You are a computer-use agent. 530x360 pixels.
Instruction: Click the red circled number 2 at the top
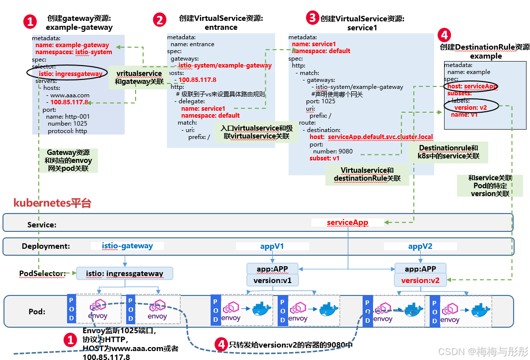(159, 20)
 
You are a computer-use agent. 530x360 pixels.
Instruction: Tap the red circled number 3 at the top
(312, 18)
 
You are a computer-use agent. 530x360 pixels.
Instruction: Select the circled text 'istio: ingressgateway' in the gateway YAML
(71, 74)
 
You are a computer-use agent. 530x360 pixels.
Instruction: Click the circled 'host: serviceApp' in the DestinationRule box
(472, 86)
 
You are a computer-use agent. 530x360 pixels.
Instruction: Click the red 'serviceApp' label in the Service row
(348, 222)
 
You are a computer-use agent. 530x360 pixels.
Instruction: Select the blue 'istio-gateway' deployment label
(127, 246)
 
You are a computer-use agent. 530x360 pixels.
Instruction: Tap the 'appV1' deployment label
(272, 246)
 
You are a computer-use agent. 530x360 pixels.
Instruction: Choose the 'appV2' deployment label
(420, 246)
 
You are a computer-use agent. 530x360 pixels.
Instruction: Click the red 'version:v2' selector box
(420, 281)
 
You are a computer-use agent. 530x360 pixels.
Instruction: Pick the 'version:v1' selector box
(272, 281)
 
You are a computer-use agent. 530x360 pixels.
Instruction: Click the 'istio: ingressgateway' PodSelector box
(124, 274)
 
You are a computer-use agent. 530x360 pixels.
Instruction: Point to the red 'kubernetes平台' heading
(52, 203)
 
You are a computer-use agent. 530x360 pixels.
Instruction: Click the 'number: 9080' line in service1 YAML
(333, 151)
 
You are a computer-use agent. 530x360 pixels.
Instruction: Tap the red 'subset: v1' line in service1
(324, 158)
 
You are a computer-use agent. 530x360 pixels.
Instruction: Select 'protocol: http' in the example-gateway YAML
(67, 131)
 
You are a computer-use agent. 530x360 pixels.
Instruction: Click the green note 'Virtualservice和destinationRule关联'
(367, 174)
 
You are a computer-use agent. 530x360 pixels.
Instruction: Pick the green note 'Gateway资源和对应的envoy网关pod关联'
(68, 161)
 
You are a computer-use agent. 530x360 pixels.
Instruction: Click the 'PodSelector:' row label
(42, 274)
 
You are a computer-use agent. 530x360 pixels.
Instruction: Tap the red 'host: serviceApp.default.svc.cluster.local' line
(371, 137)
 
